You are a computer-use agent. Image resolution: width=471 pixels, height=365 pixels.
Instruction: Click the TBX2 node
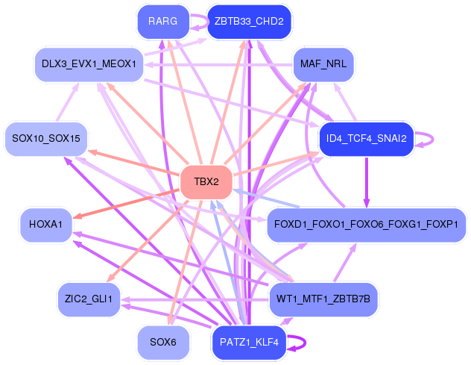[x=206, y=181]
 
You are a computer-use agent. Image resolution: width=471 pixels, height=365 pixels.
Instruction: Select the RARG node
[x=163, y=22]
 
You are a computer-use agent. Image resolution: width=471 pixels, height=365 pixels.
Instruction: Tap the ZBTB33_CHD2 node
[x=250, y=22]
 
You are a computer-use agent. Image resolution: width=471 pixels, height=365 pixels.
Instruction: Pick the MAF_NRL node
[x=323, y=64]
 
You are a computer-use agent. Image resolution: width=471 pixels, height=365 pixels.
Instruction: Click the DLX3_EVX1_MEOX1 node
[x=89, y=64]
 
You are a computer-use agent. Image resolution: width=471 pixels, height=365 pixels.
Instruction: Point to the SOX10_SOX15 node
[x=46, y=139]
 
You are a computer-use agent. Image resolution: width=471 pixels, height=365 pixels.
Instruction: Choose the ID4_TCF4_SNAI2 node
[x=366, y=139]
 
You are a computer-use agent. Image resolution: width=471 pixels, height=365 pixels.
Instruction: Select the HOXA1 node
[x=46, y=225]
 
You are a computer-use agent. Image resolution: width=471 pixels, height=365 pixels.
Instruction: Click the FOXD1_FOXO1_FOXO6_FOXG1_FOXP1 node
[x=366, y=225]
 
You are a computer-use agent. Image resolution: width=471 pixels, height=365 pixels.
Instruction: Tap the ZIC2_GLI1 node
[x=89, y=299]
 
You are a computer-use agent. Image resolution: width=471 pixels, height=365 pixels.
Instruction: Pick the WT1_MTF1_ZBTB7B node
[x=323, y=299]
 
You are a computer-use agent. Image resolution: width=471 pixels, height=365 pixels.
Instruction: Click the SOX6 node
[x=163, y=342]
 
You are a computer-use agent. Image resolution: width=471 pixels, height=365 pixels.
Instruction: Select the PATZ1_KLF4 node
[x=250, y=342]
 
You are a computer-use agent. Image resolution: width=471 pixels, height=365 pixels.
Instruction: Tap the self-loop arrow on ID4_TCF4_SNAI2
[x=433, y=139]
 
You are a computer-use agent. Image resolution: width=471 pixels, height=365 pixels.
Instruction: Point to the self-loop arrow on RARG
[x=208, y=22]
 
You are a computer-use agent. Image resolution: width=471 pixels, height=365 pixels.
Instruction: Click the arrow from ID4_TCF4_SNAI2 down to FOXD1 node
[x=367, y=182]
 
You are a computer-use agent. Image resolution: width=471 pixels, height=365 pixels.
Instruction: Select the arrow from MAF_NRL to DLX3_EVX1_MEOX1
[x=218, y=65]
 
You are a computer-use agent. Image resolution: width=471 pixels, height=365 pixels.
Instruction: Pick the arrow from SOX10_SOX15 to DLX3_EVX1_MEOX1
[x=68, y=102]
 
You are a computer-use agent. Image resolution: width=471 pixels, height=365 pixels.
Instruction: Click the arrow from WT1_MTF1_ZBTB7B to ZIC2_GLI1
[x=195, y=300]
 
